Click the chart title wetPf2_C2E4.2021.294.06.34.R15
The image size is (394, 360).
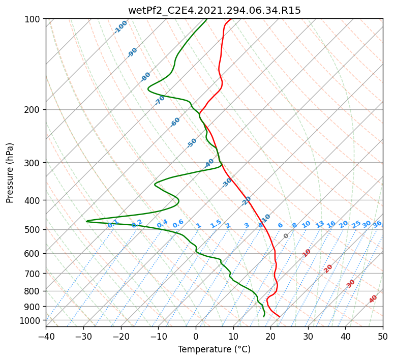coord(215,10)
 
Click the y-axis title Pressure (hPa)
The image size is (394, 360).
coord(10,173)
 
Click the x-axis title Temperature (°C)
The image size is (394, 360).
coord(214,349)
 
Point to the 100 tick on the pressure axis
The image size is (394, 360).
coord(32,19)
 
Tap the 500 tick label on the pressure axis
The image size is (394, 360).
coord(32,230)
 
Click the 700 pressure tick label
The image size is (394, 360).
coord(32,274)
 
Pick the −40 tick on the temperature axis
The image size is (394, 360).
coord(46,337)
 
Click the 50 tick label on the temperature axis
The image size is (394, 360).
coord(383,337)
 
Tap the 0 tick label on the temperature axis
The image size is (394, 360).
coord(196,337)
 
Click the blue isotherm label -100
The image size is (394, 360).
coord(120,27)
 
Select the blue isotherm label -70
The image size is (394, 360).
coord(159,100)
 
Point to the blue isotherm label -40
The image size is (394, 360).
coord(209,163)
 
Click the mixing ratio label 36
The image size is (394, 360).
coord(377,224)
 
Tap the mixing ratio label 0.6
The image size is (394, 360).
coord(178,224)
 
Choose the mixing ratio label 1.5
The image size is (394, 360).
coord(216,224)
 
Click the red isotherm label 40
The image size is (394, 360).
coord(373,299)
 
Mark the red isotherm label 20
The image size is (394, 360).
coord(328,269)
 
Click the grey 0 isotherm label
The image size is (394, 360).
coord(286,236)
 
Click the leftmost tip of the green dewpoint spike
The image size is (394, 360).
coord(86,221)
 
